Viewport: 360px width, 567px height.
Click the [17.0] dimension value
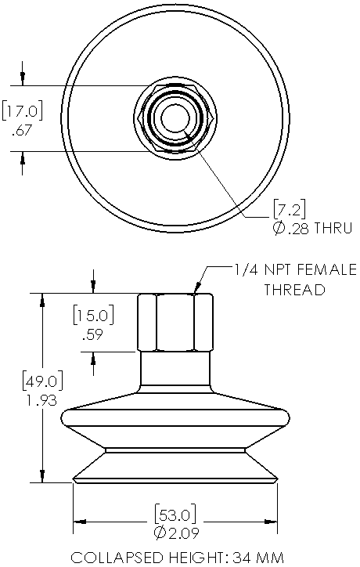click(x=22, y=110)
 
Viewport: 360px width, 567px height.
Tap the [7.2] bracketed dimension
click(x=289, y=208)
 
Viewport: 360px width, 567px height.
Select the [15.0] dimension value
click(x=93, y=316)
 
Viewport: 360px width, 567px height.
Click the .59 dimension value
click(x=93, y=336)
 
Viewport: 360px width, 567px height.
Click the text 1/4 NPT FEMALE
click(x=295, y=270)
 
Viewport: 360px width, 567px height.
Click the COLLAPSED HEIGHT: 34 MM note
click(x=175, y=558)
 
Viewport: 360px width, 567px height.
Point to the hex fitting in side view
click(x=175, y=322)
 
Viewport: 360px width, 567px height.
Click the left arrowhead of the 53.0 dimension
click(x=78, y=521)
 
